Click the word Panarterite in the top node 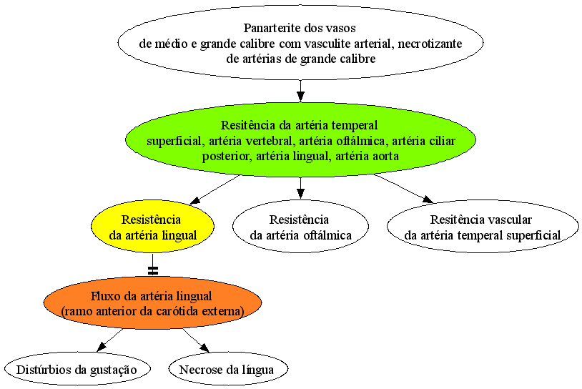click(270, 28)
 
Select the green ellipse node click(300, 139)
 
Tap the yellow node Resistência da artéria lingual click(152, 227)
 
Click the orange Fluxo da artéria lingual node click(152, 303)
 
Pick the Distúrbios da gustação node click(77, 369)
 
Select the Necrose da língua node click(228, 369)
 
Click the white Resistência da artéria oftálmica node click(300, 227)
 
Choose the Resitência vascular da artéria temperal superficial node click(483, 227)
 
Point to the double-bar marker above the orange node click(152, 271)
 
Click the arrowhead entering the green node click(300, 97)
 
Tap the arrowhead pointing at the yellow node click(195, 200)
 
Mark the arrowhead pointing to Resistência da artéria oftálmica click(300, 193)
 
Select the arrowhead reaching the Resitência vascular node click(428, 200)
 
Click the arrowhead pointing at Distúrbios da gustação click(102, 347)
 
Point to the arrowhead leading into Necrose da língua click(204, 348)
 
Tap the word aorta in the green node click(386, 157)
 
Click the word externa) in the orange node click(225, 311)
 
